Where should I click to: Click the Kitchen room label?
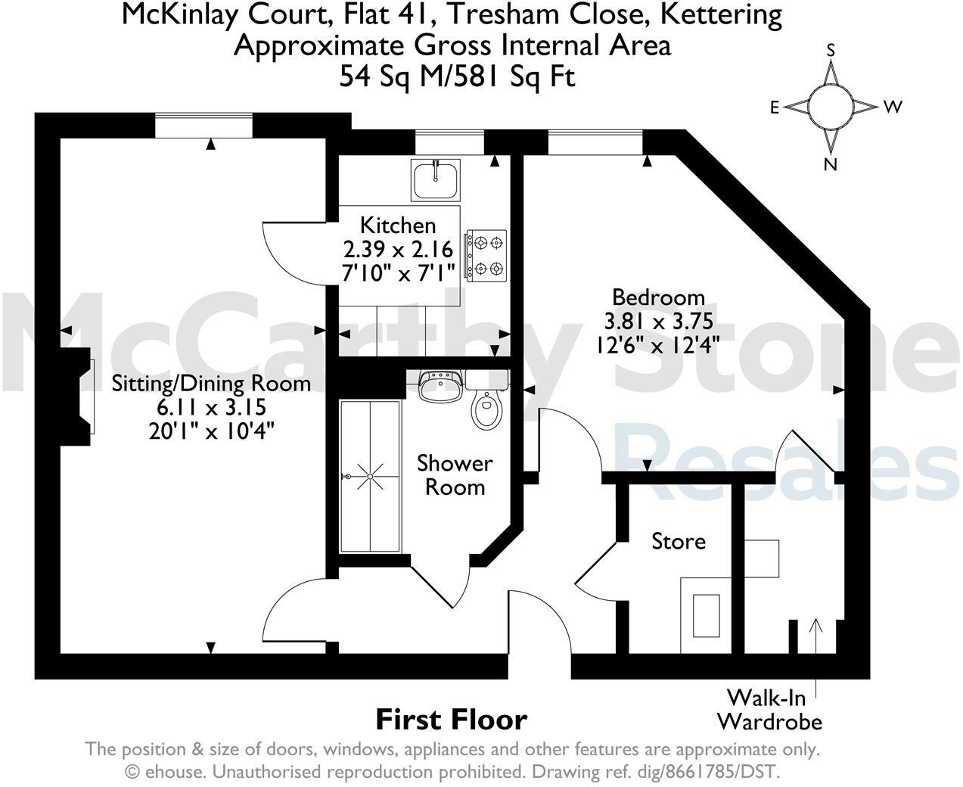pos(398,225)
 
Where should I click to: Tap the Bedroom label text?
pos(658,297)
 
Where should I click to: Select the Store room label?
pos(679,541)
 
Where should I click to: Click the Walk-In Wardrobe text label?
pos(769,709)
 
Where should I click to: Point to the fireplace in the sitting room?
pos(78,397)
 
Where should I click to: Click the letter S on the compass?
pos(831,51)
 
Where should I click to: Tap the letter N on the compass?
pos(831,164)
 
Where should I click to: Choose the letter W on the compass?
pos(893,107)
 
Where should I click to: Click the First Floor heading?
pos(452,719)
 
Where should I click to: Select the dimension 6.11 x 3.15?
pos(211,407)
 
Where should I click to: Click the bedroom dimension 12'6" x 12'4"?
pos(658,344)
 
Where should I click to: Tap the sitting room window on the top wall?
pos(203,126)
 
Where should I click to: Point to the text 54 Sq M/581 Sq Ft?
pos(457,76)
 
